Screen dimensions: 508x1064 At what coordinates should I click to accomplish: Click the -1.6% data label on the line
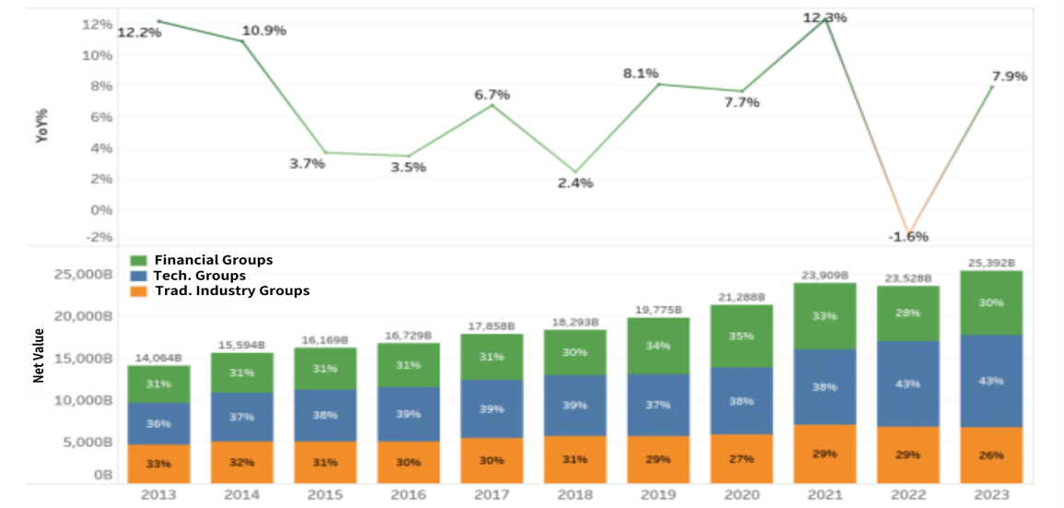907,237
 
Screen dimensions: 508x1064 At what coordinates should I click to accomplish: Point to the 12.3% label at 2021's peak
824,18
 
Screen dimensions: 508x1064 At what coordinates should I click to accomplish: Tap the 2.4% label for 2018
575,183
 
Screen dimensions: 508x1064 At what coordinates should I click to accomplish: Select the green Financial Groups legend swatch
140,260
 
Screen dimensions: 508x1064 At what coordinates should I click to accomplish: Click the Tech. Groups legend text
200,276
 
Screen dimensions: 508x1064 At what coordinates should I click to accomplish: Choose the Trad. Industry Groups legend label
231,290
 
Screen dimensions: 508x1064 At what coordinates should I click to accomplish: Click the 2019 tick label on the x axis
659,495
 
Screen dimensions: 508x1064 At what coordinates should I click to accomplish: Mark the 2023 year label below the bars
990,495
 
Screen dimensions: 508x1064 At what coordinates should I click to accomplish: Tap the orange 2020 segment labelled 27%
741,458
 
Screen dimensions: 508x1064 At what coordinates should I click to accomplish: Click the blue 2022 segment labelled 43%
907,384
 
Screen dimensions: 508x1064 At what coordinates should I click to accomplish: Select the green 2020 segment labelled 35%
741,337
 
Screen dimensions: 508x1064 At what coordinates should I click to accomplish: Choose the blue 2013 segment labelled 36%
159,424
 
